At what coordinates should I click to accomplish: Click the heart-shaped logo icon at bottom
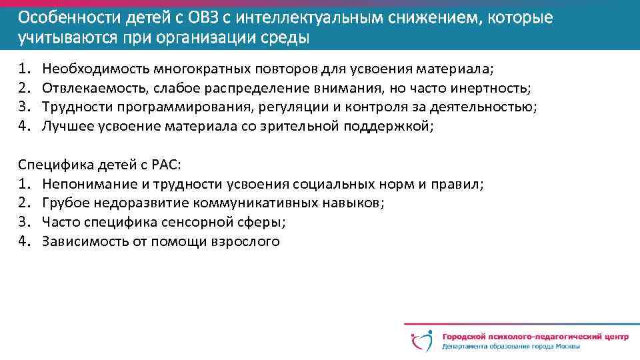[x=421, y=339]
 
